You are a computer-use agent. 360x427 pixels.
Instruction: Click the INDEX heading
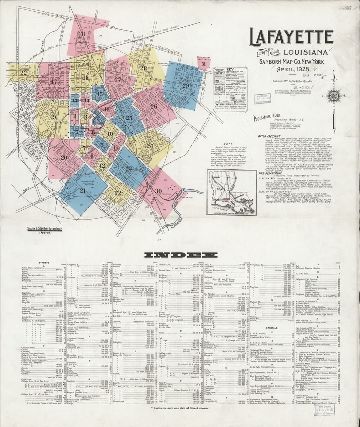pos(181,255)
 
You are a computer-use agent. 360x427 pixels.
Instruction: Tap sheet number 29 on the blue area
pos(186,85)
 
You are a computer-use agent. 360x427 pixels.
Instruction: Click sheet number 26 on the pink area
pos(153,106)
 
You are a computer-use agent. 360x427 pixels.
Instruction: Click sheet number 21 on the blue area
pos(83,191)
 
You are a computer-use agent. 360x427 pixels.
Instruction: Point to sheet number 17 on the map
pos(54,82)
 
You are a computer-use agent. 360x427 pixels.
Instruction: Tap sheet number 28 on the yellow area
pos(143,68)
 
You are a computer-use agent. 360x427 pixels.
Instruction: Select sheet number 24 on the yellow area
pos(150,146)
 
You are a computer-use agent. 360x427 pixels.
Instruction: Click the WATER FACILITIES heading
pos(269,136)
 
